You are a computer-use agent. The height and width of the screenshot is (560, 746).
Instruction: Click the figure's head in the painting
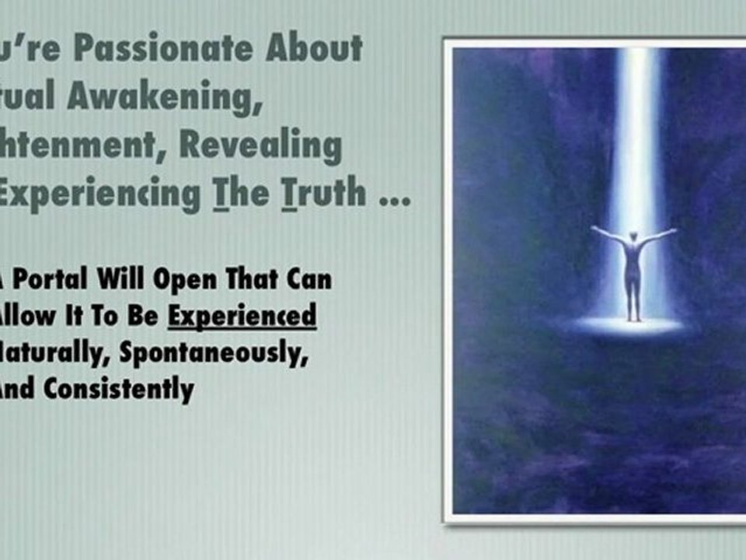(634, 236)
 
